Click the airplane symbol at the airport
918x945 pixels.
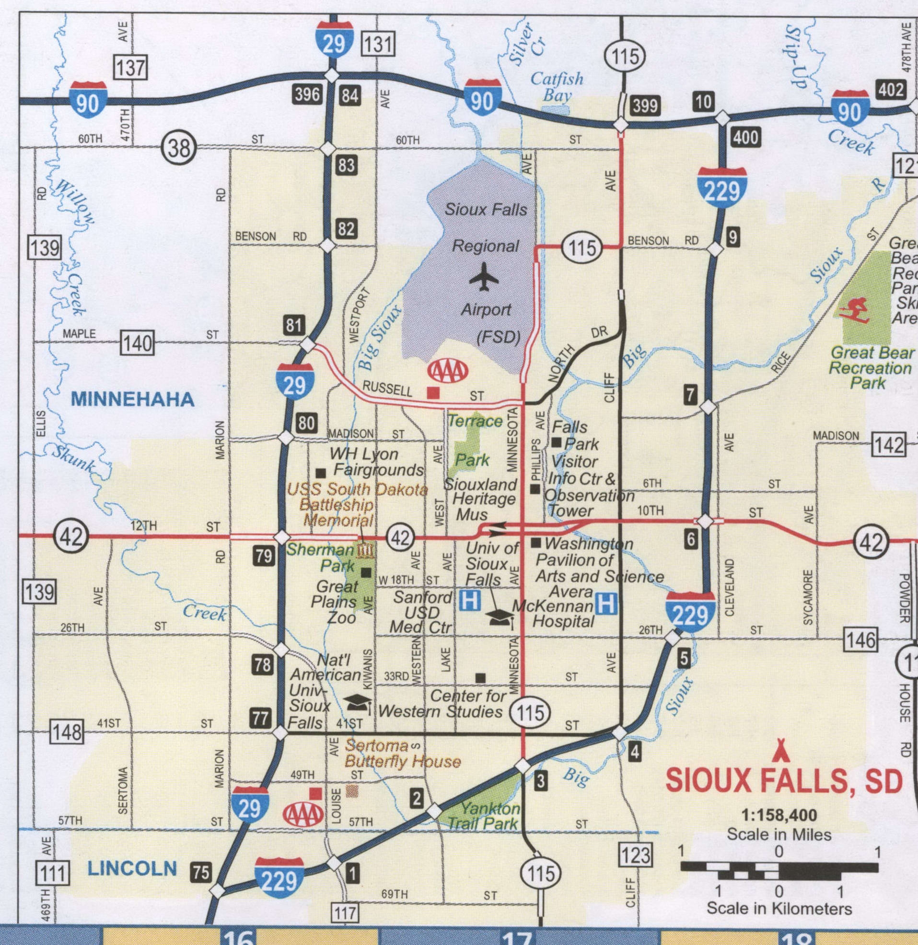[484, 277]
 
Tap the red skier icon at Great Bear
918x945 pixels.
[854, 310]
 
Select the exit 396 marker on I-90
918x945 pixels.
[308, 94]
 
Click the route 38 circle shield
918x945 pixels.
[179, 148]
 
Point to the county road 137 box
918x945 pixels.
[131, 67]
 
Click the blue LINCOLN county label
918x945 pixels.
[132, 868]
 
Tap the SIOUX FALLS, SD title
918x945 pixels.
[783, 780]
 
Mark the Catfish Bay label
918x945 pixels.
[557, 87]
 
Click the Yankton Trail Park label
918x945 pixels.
[484, 815]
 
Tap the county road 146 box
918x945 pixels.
[860, 640]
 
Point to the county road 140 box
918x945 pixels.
[138, 343]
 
